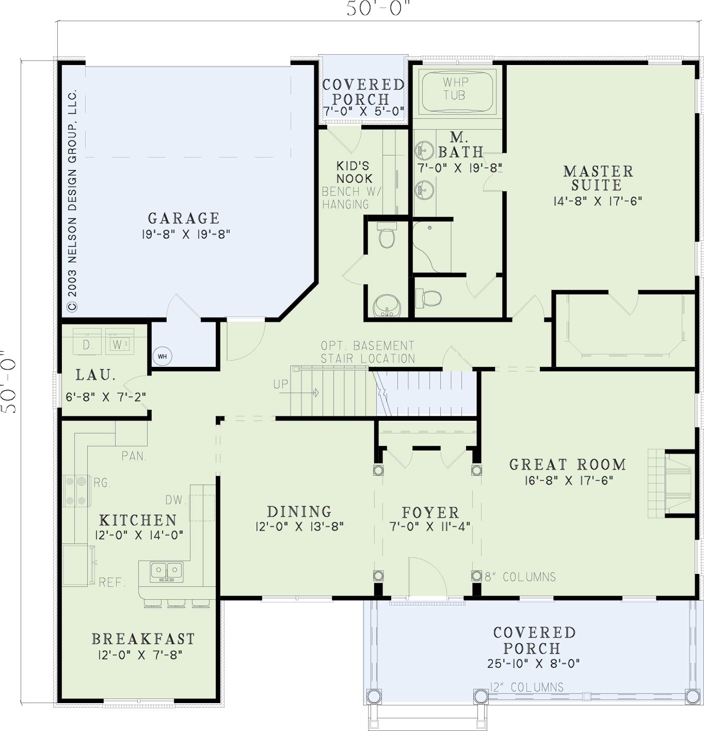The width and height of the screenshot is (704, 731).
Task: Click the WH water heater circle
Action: [x=162, y=356]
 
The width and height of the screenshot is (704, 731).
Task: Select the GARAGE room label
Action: [x=184, y=218]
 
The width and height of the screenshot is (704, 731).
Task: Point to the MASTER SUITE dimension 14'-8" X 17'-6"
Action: [x=598, y=201]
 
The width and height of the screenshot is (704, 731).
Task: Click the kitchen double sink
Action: [x=167, y=572]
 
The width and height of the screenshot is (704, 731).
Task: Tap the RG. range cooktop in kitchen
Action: [x=76, y=491]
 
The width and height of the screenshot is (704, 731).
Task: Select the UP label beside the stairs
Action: [x=280, y=384]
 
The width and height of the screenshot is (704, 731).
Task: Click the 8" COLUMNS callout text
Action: [x=520, y=577]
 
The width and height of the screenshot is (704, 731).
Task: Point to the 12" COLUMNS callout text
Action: [x=526, y=687]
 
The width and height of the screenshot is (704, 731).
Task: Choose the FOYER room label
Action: [x=430, y=512]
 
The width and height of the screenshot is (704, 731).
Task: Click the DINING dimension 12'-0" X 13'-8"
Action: [x=299, y=526]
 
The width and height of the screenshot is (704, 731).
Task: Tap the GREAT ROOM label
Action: [x=567, y=464]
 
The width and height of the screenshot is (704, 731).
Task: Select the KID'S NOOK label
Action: [x=354, y=172]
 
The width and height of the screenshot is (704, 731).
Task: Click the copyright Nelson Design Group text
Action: [x=72, y=200]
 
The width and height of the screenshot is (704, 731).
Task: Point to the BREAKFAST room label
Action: [x=143, y=639]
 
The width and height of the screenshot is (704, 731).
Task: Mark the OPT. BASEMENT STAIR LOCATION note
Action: [x=368, y=352]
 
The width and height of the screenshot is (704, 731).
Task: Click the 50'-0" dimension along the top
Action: [x=377, y=8]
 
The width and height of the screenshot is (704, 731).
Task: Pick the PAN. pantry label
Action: [x=134, y=456]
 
